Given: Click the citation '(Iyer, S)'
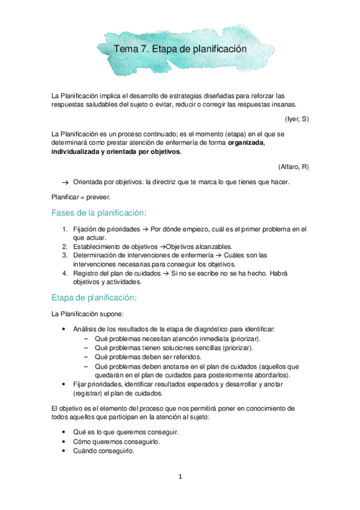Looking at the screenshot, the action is (297, 119).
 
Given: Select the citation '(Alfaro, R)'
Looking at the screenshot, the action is (293, 166).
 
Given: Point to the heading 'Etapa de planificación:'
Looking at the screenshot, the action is (94, 298).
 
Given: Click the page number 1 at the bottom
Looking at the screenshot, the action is (180, 477).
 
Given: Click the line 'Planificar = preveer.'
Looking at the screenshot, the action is (81, 196).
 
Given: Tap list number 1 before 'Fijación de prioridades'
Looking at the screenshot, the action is (65, 229).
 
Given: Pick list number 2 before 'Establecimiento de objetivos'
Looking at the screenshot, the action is (65, 247).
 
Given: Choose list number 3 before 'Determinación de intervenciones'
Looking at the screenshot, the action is (65, 255).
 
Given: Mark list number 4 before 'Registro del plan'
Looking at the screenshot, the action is (65, 272).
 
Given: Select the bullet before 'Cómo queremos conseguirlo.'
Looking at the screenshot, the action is (64, 441).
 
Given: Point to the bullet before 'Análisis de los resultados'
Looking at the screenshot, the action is (64, 330).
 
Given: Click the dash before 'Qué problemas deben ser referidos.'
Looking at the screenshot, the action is (87, 356).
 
